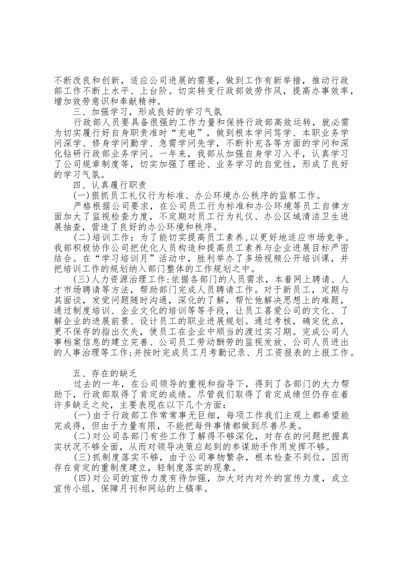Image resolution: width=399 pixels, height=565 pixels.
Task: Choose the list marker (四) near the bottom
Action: (x=81, y=478)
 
